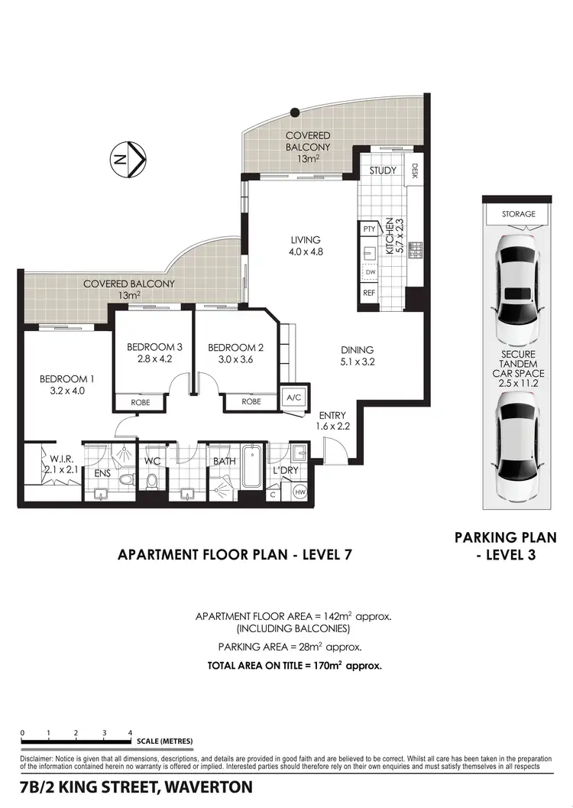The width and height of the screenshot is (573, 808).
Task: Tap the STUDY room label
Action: pyautogui.click(x=383, y=170)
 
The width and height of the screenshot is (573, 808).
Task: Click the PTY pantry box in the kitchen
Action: pyautogui.click(x=369, y=229)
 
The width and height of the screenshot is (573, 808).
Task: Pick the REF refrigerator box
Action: pyautogui.click(x=369, y=293)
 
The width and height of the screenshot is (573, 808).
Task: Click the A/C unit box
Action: pyautogui.click(x=293, y=398)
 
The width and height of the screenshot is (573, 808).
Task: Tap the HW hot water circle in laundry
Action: pyautogui.click(x=299, y=493)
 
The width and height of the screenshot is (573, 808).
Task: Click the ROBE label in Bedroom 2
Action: pyautogui.click(x=251, y=401)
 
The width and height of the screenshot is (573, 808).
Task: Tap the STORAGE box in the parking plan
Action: pyautogui.click(x=519, y=215)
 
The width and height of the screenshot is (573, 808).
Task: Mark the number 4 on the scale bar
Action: pyautogui.click(x=130, y=732)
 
